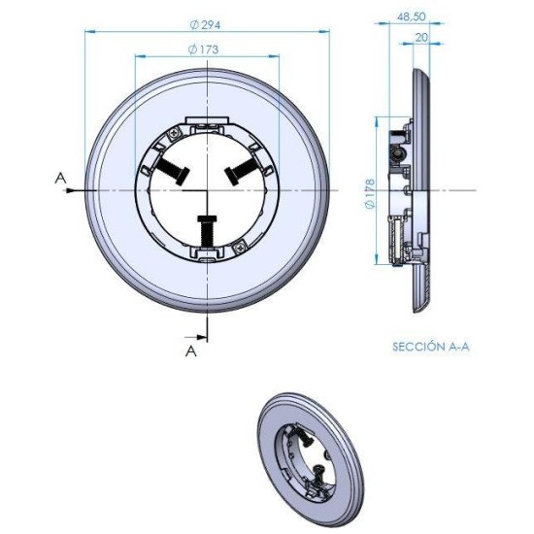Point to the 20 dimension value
click(420, 38)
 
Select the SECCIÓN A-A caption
click(431, 345)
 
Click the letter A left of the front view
click(61, 178)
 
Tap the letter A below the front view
click(191, 351)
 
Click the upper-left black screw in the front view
click(172, 169)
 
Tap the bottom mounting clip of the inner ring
click(205, 253)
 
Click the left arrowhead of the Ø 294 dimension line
click(89, 30)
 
